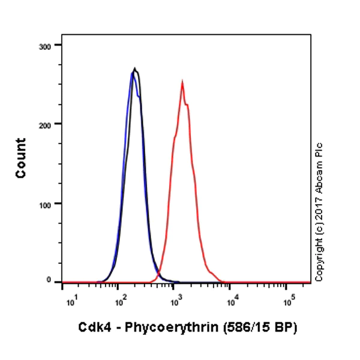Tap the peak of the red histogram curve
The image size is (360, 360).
[x=182, y=82]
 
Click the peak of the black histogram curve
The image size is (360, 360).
[x=135, y=68]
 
